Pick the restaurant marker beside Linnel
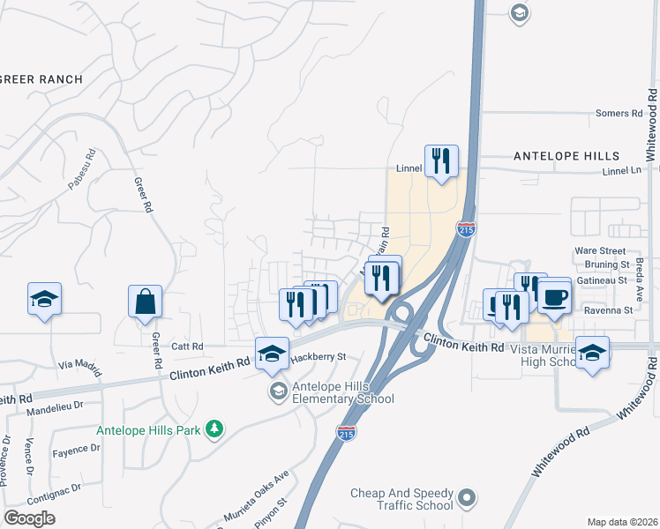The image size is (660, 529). coord(441,161)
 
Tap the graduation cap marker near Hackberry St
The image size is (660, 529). coord(273,354)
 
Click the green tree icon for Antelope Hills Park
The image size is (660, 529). coord(214,429)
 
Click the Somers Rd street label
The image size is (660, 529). coord(619,114)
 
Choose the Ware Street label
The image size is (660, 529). coord(600,250)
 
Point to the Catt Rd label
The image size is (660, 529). coord(187,346)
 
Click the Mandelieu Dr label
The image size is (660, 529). coord(55,408)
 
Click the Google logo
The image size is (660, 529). coord(29,518)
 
